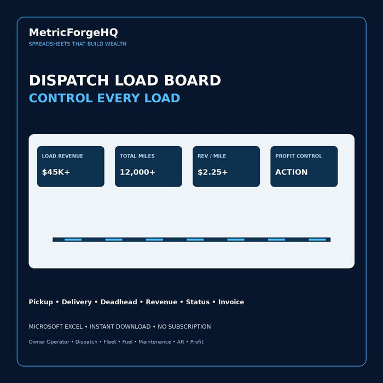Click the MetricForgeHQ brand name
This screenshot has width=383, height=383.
coord(73,33)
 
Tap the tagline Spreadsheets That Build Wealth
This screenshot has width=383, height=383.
coord(78,44)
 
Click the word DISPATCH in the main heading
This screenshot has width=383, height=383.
coord(68,80)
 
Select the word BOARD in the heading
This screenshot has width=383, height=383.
coord(193,80)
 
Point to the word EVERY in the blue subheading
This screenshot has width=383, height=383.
coord(119,98)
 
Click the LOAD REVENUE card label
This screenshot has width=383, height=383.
coord(62,156)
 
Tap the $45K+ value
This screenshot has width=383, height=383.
coord(56,172)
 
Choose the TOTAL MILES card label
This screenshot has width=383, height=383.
coord(137,156)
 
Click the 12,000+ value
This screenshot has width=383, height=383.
coord(137,172)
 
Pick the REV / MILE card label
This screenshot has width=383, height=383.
coord(212,156)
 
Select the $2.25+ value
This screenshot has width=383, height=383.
coord(212,172)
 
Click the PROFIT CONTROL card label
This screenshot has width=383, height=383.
coord(299,156)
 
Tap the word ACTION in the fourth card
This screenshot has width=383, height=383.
coord(292,172)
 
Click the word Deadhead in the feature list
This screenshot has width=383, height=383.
coord(119,302)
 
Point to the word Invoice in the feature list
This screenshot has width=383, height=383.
coord(231,302)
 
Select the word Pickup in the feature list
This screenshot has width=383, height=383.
coord(41,302)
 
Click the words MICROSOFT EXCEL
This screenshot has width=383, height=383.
coord(56,327)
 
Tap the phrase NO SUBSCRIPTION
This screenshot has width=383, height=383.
coord(184,327)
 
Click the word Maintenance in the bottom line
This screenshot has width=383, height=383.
coord(155,342)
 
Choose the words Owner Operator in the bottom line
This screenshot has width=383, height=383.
coord(49,342)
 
